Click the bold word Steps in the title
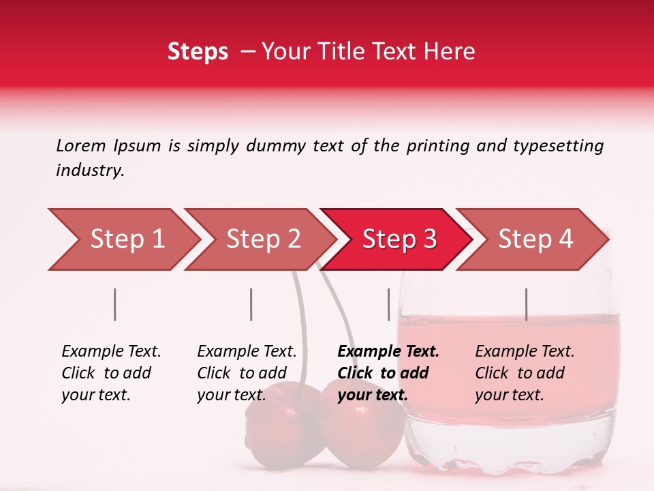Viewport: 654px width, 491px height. coord(198,52)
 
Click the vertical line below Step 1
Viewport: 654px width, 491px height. coord(115,304)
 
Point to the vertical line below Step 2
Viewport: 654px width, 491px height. coord(251,304)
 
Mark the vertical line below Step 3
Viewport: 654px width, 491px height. coord(389,304)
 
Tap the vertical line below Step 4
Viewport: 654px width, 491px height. coord(526,304)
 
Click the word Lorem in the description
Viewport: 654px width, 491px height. coord(81,145)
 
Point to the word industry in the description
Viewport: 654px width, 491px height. coord(90,170)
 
